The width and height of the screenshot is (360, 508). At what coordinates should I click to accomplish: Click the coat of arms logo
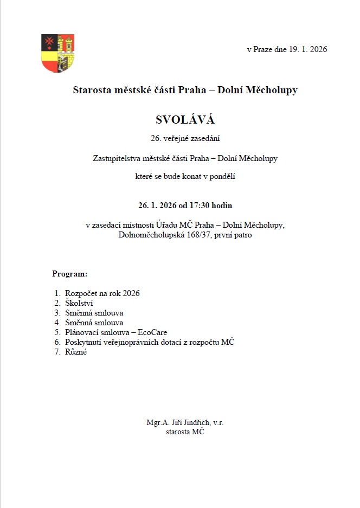(57, 53)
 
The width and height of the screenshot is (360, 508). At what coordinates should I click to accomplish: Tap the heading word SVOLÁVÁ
(185, 119)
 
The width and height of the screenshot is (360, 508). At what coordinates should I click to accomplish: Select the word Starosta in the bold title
(92, 90)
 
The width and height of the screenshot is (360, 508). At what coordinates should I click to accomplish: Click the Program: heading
(69, 274)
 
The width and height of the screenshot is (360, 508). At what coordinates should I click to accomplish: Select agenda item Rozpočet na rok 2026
(102, 293)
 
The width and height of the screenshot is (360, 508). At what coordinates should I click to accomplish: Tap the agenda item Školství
(79, 303)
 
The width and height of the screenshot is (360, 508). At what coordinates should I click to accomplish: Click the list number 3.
(57, 313)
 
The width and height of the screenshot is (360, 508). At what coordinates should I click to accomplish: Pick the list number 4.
(57, 323)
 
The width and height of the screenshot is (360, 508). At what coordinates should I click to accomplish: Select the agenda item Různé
(76, 352)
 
